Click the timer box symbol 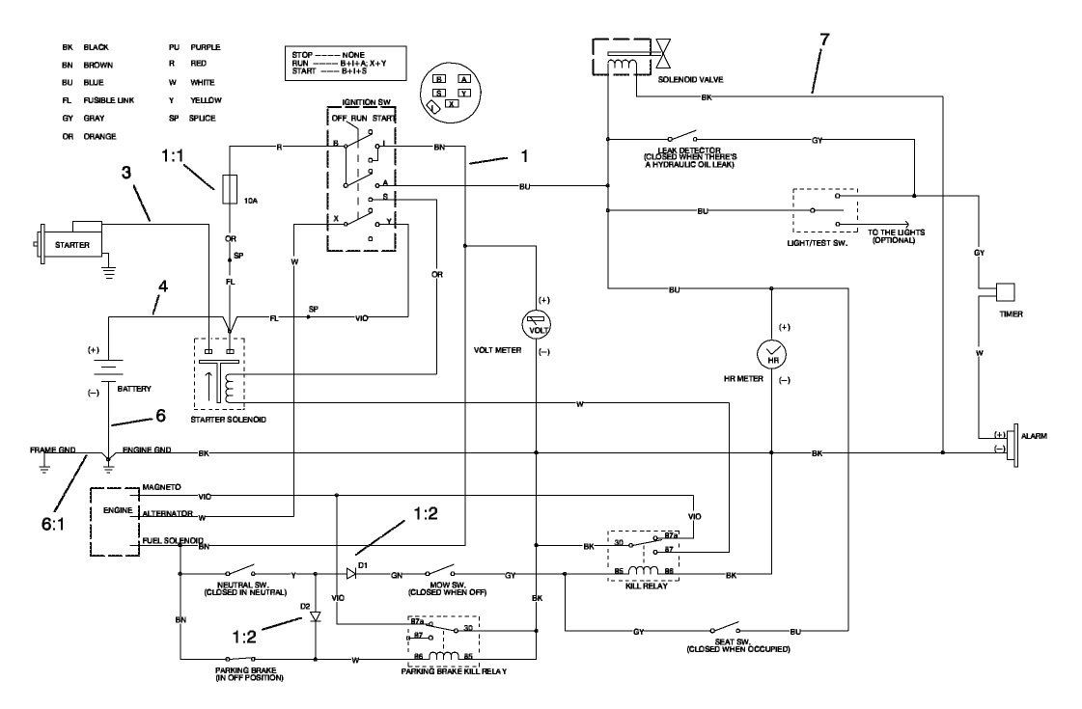pyautogui.click(x=1006, y=292)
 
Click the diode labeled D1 pyautogui.click(x=351, y=574)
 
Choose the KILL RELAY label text pyautogui.click(x=641, y=586)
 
